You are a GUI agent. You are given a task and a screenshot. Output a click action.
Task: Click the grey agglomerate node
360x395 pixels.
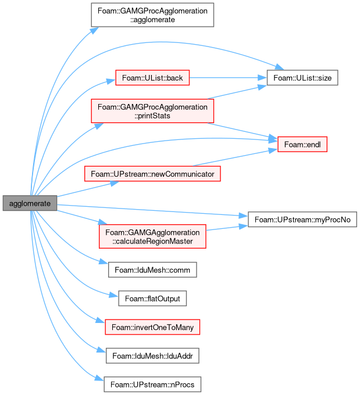[x=30, y=203]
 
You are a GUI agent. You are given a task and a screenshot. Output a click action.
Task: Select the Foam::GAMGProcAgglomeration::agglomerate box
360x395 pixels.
[x=152, y=15]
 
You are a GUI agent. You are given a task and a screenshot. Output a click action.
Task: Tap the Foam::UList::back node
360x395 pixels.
[x=152, y=78]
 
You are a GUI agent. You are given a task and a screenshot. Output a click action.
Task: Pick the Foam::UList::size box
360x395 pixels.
[x=302, y=78]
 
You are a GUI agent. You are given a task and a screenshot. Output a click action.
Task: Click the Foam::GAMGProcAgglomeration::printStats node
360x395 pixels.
[x=152, y=111]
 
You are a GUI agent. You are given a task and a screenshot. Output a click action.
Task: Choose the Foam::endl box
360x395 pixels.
[x=302, y=144]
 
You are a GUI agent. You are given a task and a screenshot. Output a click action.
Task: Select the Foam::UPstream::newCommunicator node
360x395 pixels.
[x=152, y=174]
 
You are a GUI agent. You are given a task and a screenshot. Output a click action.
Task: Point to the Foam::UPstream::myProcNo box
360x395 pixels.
[x=302, y=220]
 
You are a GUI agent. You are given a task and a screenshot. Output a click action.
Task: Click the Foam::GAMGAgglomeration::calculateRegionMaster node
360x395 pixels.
[x=152, y=236]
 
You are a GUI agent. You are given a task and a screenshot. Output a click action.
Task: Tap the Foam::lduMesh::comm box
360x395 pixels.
[x=152, y=270]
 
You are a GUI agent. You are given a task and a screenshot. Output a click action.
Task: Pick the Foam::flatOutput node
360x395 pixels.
[x=152, y=299]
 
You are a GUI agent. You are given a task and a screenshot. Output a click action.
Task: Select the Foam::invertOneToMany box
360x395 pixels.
[x=152, y=327]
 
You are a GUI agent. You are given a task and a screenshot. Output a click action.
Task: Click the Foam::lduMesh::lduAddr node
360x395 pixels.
[x=152, y=355]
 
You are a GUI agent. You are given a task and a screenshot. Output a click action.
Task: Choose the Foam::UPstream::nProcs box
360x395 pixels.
[x=152, y=384]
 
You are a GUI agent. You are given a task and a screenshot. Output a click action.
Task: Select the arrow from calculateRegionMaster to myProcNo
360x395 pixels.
[x=227, y=228]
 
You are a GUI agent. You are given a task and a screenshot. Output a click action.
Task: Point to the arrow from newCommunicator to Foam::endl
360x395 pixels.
[x=235, y=158]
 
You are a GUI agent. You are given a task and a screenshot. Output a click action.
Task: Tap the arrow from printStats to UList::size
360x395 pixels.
[x=237, y=92]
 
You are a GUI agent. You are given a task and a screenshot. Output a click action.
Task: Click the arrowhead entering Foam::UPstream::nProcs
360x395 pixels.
[x=99, y=378]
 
